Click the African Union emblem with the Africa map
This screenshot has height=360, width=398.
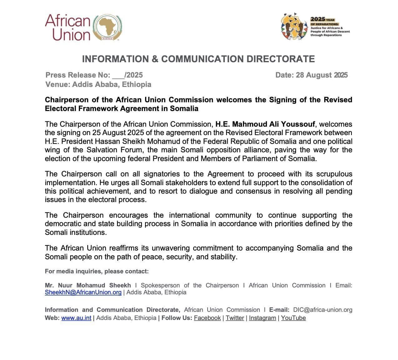108,28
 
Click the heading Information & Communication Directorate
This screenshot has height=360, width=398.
198,59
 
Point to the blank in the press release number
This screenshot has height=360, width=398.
118,75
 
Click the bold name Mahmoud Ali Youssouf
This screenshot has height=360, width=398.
265,124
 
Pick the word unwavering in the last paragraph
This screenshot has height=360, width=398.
171,248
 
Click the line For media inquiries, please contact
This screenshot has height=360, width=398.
97,271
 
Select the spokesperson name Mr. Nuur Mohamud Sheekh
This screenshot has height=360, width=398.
88,285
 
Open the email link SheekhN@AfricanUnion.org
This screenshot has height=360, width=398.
83,292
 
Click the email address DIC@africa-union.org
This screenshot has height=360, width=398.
323,310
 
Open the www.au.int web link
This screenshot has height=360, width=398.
76,318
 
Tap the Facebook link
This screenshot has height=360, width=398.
207,318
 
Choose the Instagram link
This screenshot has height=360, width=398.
262,318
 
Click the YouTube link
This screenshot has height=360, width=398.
293,318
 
